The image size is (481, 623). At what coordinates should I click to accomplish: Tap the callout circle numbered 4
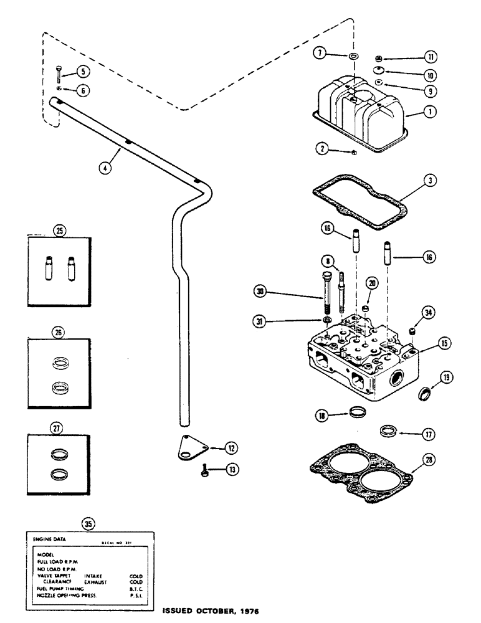click(107, 168)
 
